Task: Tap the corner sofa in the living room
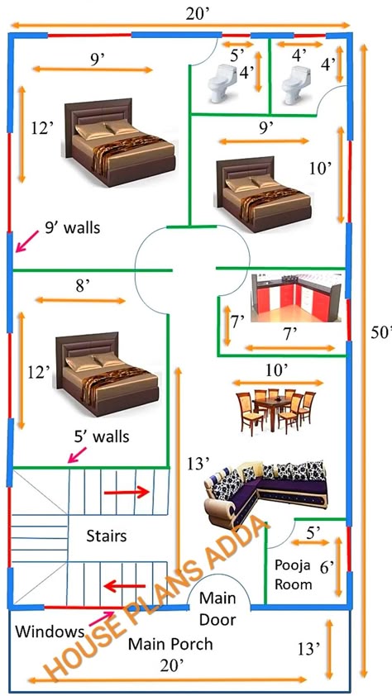266,493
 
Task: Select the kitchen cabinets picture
296,298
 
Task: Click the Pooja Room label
293,574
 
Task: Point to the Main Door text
218,608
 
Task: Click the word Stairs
107,536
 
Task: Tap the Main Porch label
170,644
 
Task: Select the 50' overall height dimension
381,333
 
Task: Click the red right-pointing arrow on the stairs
126,492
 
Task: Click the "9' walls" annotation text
72,227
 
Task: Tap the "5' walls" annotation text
102,436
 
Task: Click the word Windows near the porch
50,632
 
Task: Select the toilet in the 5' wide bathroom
222,83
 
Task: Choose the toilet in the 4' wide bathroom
296,85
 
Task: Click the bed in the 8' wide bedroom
107,374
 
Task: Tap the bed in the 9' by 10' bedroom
264,194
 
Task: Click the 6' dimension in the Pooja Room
327,567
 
